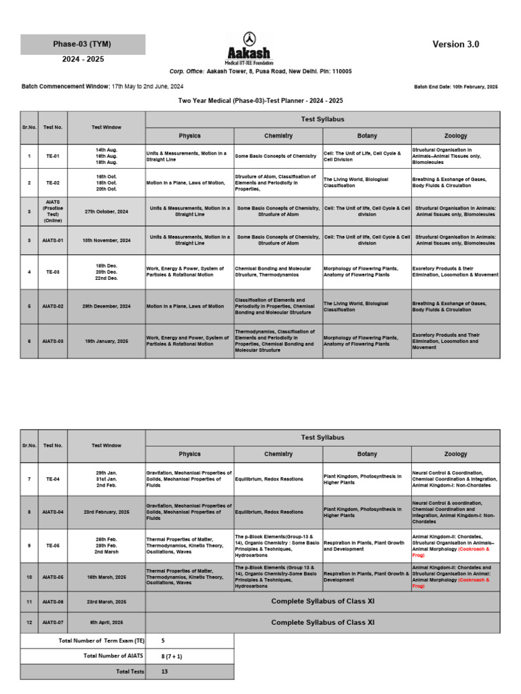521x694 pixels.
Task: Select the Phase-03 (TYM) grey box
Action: click(82, 45)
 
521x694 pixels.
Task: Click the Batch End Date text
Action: click(455, 87)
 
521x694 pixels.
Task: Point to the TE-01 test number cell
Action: click(52, 156)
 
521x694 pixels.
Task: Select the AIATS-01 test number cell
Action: click(52, 240)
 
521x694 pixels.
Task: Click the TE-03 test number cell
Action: click(52, 272)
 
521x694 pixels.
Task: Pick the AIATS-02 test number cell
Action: click(52, 306)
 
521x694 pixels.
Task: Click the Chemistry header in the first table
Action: click(278, 136)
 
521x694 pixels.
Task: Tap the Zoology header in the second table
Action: click(455, 454)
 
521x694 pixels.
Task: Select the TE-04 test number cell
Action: click(52, 479)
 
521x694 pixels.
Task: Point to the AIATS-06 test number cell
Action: click(52, 602)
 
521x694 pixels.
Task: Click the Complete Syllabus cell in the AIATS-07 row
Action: click(322, 622)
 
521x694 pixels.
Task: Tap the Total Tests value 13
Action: click(165, 671)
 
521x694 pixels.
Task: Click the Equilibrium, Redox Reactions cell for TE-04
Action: click(278, 479)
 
